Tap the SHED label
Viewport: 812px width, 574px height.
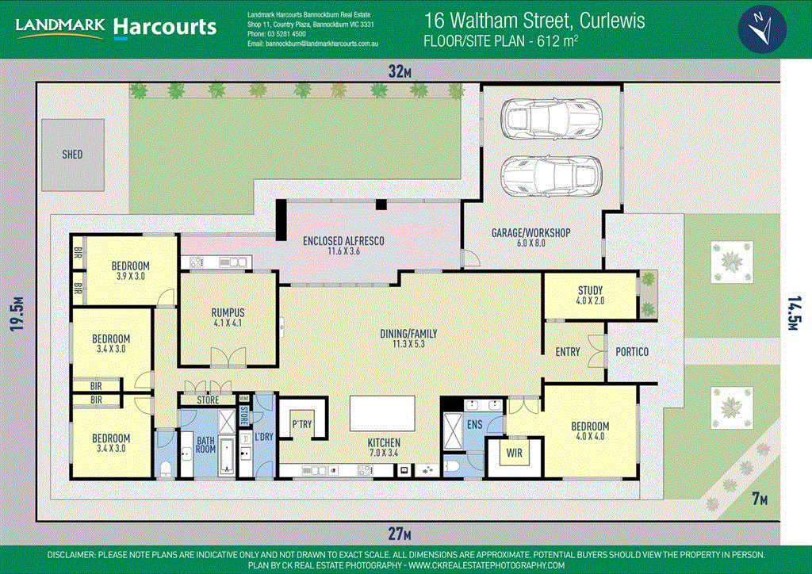pos(72,155)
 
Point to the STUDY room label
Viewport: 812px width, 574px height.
pos(590,296)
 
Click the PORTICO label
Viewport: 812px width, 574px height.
pos(632,352)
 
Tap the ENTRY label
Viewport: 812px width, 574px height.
pos(568,352)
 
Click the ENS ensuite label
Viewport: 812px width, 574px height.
pos(474,425)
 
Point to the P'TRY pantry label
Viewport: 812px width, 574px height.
pos(301,423)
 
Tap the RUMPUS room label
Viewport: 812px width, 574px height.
pos(227,317)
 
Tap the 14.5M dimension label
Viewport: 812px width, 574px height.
pos(795,313)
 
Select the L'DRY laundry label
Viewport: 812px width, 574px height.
pos(264,437)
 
